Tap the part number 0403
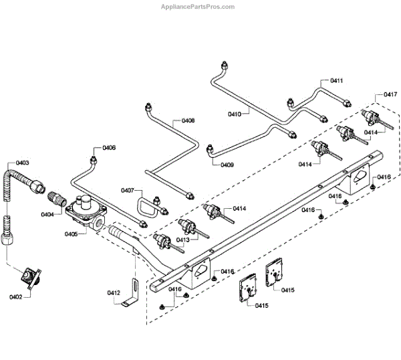22,163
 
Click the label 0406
108,148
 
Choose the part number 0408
188,121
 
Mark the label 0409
227,165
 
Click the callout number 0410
235,114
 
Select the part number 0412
114,292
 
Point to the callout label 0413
183,240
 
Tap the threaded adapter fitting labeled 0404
55,199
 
